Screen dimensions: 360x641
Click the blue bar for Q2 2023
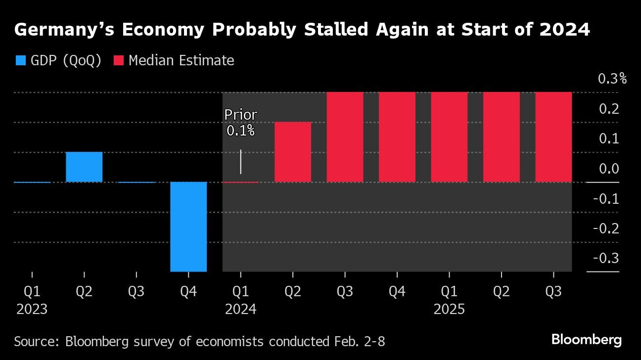point(84,167)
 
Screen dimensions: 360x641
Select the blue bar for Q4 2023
point(188,226)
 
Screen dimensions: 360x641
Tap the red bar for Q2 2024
point(293,152)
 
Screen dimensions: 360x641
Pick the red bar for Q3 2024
point(345,137)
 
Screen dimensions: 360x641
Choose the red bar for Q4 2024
point(397,137)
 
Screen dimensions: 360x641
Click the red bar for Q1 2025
point(449,137)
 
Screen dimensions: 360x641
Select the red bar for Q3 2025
point(553,137)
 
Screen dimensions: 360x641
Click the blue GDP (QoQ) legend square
point(21,61)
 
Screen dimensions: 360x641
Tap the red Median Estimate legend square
point(119,61)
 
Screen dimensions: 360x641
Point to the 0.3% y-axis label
point(612,79)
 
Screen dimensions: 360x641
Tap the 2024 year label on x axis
point(240,310)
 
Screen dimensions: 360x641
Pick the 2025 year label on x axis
point(449,310)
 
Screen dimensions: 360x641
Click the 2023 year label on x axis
point(32,310)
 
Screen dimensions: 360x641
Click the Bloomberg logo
point(587,340)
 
